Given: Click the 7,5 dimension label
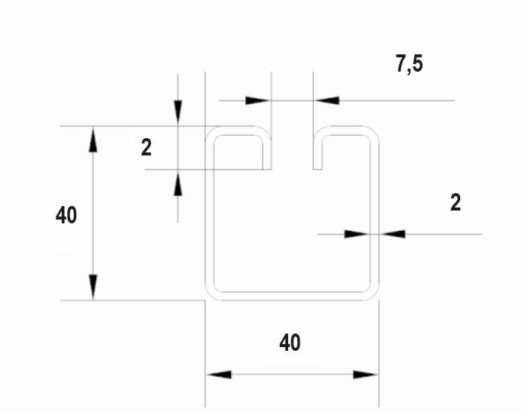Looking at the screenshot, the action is pos(409,64).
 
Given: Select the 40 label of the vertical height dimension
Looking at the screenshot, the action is pos(66,215).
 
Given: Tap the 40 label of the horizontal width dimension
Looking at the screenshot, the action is pos(290,343).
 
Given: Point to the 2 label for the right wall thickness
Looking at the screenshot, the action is pos(456,203).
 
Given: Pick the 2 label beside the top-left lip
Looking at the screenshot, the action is pos(146,148).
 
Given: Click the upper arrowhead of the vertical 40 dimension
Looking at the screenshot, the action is pos(93,140).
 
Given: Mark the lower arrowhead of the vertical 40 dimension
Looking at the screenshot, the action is pos(93,287).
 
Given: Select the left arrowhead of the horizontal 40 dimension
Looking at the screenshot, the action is pos(219,374).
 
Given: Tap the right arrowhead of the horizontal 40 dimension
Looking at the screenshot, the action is pos(366,374).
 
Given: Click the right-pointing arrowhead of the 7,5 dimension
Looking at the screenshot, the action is pos(258,100).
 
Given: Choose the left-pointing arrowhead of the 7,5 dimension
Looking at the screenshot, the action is pos(327,100).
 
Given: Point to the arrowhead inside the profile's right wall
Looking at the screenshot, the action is pos(358,234).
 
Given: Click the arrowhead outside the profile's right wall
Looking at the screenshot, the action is pos(392,234).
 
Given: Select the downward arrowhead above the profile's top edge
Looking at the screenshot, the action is pos(178,113).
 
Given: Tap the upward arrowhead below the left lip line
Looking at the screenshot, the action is pos(178,183).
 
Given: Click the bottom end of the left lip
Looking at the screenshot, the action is pos(267,170).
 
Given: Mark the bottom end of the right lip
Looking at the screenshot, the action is pos(318,170).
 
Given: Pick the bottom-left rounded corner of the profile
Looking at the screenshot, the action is pos(213,293).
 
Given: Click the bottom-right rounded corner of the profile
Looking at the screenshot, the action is pos(371,293).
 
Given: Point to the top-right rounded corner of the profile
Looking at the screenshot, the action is pos(371,134).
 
